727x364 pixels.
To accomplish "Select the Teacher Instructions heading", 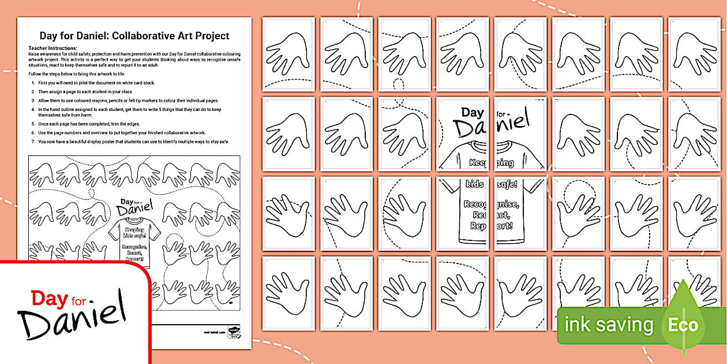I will coord(53,48).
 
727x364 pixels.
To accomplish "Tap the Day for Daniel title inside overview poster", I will coord(137,205).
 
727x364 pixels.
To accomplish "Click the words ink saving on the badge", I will coord(609,325).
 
